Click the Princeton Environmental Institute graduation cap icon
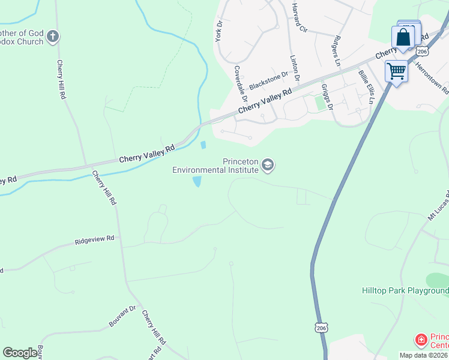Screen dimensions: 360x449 click(x=268, y=165)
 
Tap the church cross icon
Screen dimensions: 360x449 click(x=53, y=37)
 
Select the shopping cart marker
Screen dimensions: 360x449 click(x=396, y=71)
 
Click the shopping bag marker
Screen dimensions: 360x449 click(x=404, y=37)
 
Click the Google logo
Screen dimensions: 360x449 click(x=20, y=353)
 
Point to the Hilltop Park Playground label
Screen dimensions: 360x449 click(x=405, y=291)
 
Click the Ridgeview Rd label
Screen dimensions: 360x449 click(x=94, y=240)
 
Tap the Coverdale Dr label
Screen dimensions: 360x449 click(x=241, y=82)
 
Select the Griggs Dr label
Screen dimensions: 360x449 click(x=328, y=97)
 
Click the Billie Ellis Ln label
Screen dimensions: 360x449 click(x=366, y=87)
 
